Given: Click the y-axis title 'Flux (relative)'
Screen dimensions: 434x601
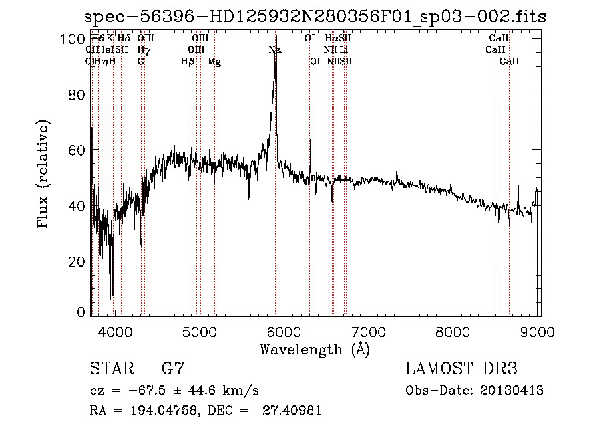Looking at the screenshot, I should click(x=44, y=175).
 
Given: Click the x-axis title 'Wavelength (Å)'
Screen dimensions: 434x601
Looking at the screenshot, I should click(x=315, y=349).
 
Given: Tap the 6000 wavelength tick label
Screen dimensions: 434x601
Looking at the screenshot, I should click(x=285, y=330).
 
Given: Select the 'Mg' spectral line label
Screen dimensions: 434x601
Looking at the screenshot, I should click(x=214, y=62).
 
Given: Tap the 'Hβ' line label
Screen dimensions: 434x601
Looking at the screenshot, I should click(x=188, y=62).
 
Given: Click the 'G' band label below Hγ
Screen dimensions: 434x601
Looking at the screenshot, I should click(x=141, y=62).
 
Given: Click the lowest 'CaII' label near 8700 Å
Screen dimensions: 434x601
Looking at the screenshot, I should click(x=509, y=62).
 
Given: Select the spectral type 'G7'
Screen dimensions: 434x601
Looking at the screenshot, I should click(x=173, y=368).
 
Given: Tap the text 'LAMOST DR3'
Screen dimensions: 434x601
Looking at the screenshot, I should click(x=461, y=368).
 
